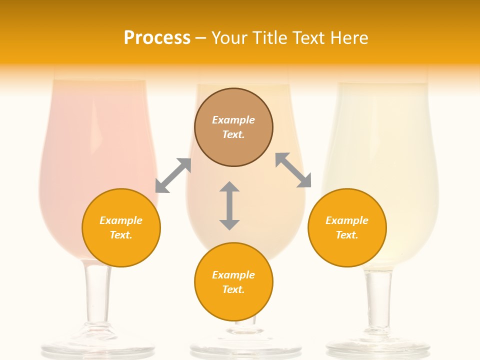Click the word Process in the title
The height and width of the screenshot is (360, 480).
(157, 38)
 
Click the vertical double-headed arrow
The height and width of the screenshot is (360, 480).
(229, 205)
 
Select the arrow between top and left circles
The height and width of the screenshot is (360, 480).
(173, 175)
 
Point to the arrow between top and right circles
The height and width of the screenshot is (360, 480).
(293, 170)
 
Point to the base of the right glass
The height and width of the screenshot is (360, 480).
(378, 347)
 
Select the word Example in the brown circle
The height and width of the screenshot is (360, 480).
(233, 120)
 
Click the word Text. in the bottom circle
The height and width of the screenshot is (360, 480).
(233, 289)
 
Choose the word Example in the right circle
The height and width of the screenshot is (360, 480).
(347, 220)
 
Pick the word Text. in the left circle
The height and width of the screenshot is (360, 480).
(121, 235)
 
